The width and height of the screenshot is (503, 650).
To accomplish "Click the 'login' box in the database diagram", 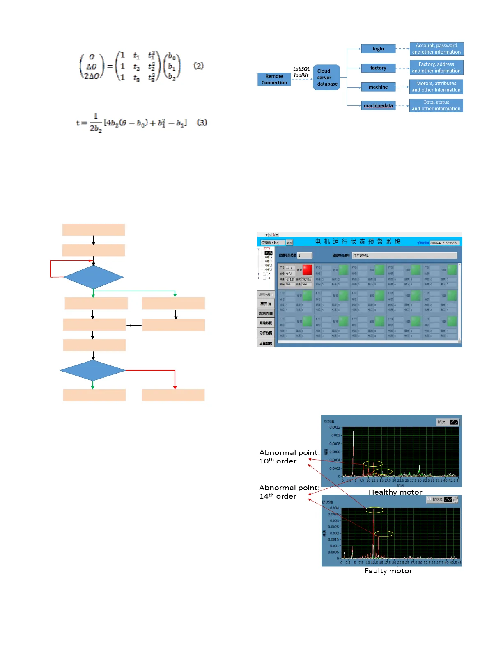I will point(378,49).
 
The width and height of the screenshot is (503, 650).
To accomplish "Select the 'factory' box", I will point(378,68).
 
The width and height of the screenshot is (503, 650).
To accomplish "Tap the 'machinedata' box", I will point(378,106).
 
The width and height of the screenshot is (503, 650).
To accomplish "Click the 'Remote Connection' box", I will point(274,80).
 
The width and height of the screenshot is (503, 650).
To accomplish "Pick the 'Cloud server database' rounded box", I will point(326,78).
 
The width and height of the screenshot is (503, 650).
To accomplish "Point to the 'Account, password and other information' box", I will point(436,49).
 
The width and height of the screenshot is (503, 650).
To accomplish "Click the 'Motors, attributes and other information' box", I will point(436,87).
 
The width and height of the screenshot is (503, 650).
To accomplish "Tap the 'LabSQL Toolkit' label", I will point(301,72).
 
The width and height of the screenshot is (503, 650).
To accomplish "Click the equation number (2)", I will point(198,66).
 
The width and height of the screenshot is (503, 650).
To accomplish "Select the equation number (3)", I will point(202,122).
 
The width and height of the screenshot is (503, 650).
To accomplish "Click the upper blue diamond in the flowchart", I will point(94,277).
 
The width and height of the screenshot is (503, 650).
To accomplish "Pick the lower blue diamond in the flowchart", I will point(92,370).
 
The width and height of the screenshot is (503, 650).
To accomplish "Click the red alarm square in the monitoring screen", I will point(307,269).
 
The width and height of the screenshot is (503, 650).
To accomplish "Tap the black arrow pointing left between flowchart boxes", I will point(134,326).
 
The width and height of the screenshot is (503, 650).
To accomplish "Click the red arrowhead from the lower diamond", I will point(175,387).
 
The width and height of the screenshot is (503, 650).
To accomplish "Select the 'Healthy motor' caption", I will point(395,492).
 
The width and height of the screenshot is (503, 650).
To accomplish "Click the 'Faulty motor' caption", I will point(388,571).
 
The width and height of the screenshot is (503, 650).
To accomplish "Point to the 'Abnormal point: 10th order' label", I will point(289,457).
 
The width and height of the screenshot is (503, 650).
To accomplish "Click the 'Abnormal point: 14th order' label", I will point(289,492).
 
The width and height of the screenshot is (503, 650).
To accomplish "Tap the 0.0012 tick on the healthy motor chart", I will point(335,427).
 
